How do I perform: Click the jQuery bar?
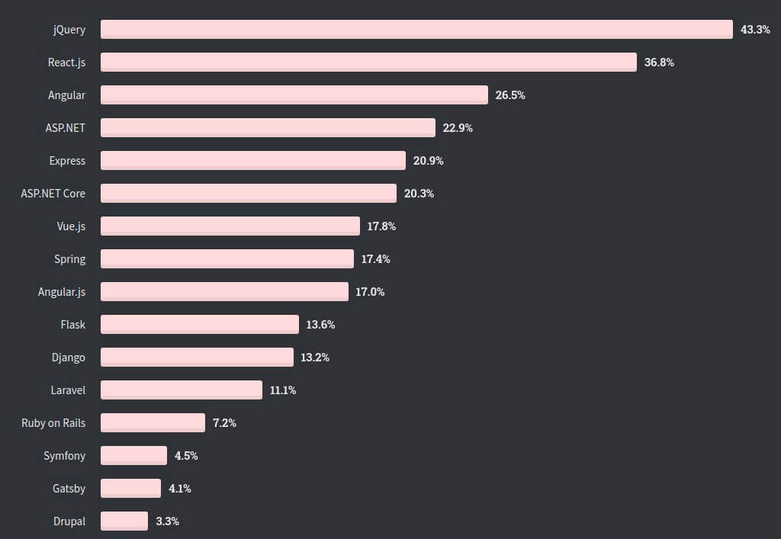(416, 29)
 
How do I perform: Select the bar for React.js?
(368, 62)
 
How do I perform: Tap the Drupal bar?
(124, 521)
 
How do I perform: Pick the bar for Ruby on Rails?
(153, 422)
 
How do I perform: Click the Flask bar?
(200, 324)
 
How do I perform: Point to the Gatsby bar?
(130, 488)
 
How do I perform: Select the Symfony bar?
(133, 455)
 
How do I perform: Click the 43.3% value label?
(755, 30)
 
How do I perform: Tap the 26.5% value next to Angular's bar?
(510, 95)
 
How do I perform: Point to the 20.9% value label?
(428, 161)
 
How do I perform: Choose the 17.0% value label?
(370, 292)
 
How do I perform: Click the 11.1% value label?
(283, 390)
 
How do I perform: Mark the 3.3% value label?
(167, 521)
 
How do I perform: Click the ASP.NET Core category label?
(53, 194)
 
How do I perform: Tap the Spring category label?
(69, 259)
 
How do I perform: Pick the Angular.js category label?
(62, 292)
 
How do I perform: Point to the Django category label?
(68, 358)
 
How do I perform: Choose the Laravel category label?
(68, 390)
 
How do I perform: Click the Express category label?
(67, 161)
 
